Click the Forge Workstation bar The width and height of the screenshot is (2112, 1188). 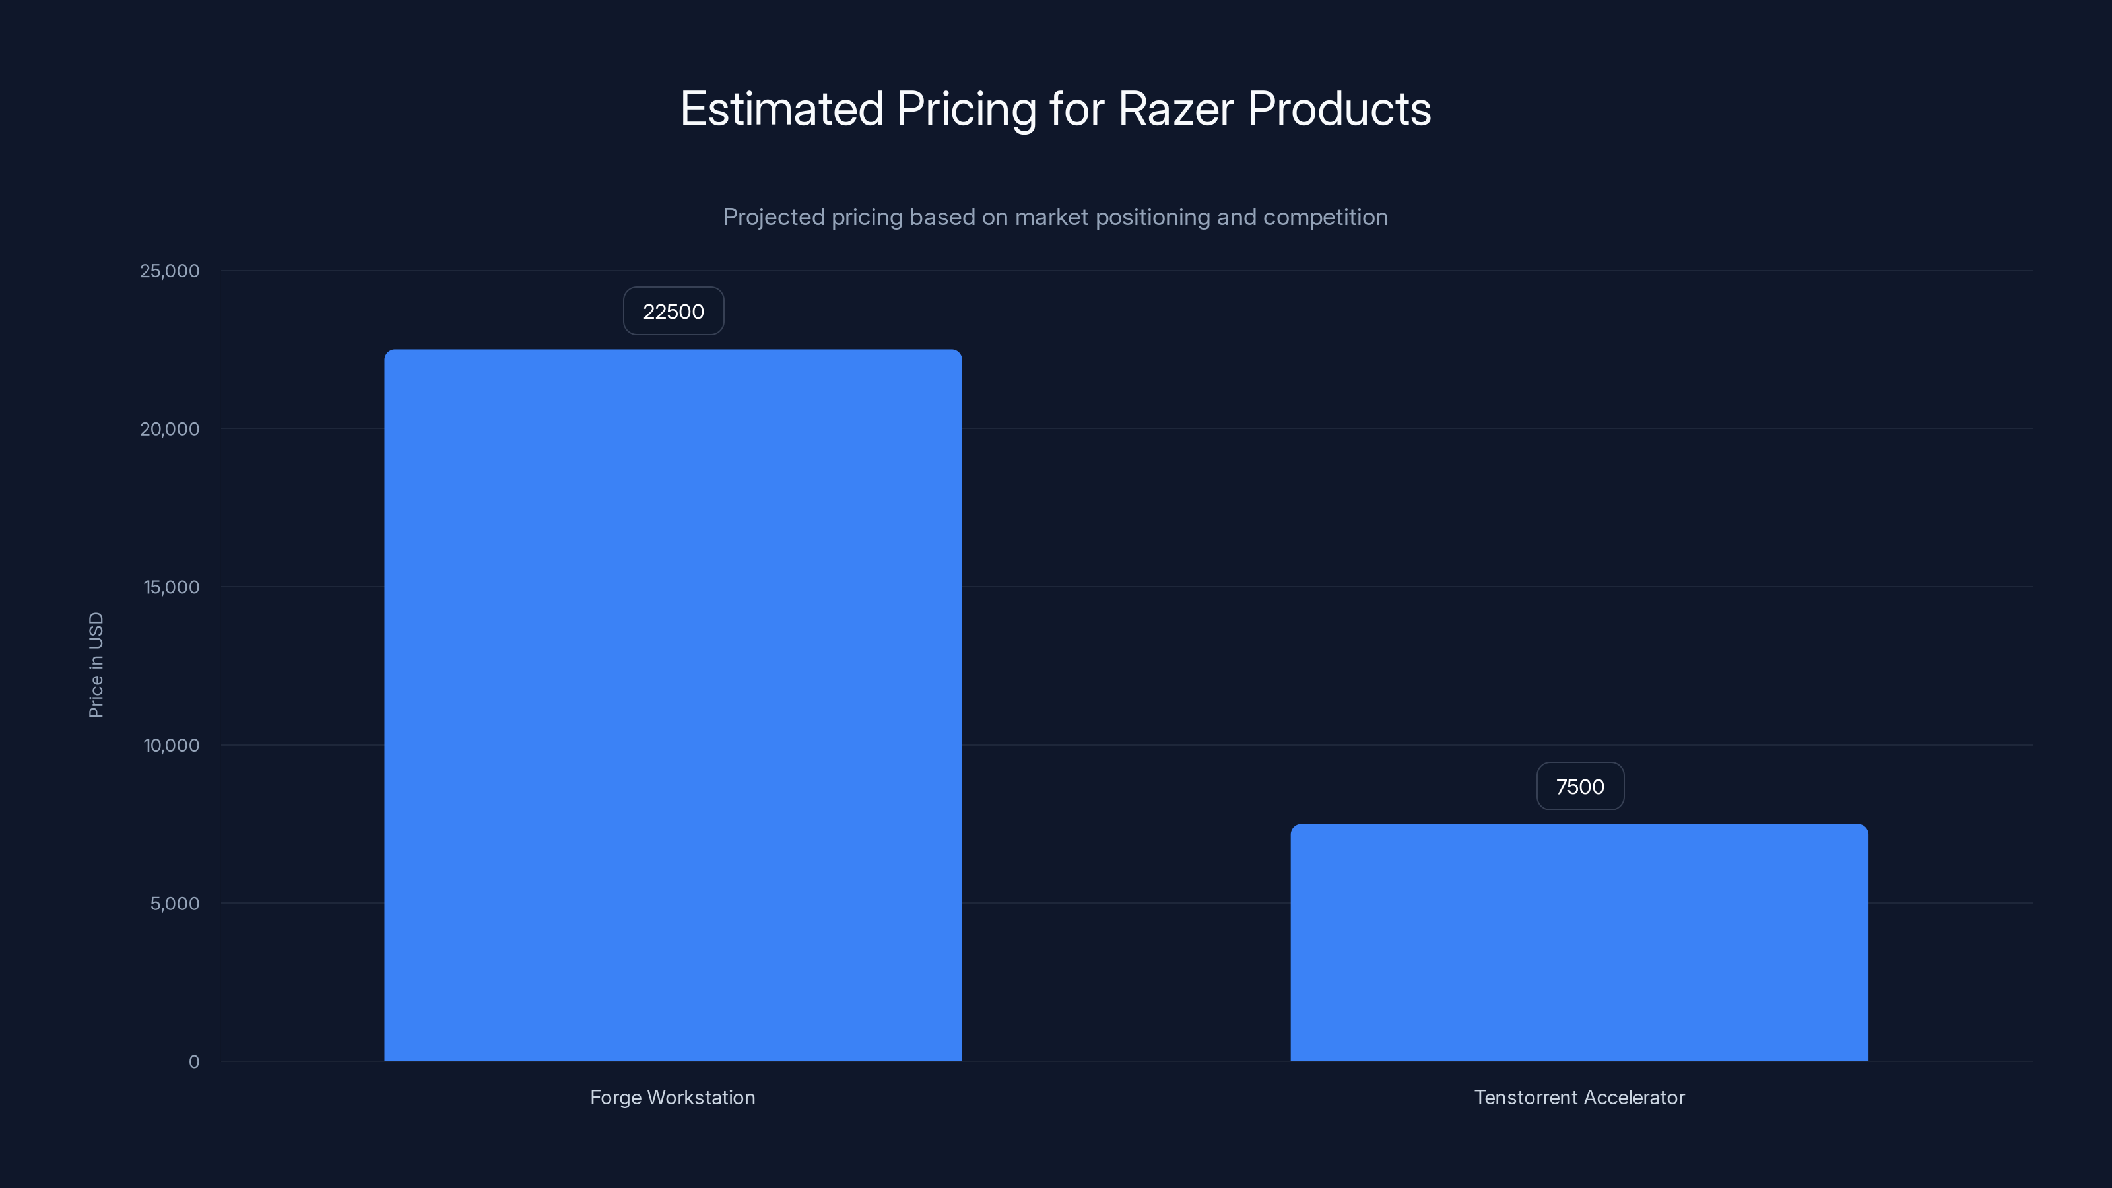point(673,705)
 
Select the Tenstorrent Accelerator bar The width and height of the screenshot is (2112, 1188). point(1579,943)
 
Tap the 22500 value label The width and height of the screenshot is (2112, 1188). point(673,312)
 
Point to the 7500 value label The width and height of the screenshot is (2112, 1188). point(1580,787)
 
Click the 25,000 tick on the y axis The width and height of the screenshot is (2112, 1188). point(170,271)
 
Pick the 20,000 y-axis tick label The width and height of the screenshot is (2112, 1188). point(170,430)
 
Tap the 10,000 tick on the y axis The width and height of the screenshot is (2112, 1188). point(172,746)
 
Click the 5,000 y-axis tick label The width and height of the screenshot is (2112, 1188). point(175,904)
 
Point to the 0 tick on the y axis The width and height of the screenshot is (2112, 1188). point(193,1063)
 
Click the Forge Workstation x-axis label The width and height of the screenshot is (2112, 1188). point(673,1098)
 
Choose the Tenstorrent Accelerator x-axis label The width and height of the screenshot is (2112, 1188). point(1579,1098)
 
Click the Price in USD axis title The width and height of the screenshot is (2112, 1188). point(96,665)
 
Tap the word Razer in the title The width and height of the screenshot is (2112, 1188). point(1175,109)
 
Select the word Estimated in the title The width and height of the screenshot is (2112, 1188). point(781,109)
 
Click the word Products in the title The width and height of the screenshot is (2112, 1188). point(1339,109)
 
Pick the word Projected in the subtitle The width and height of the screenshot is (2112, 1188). point(773,217)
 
